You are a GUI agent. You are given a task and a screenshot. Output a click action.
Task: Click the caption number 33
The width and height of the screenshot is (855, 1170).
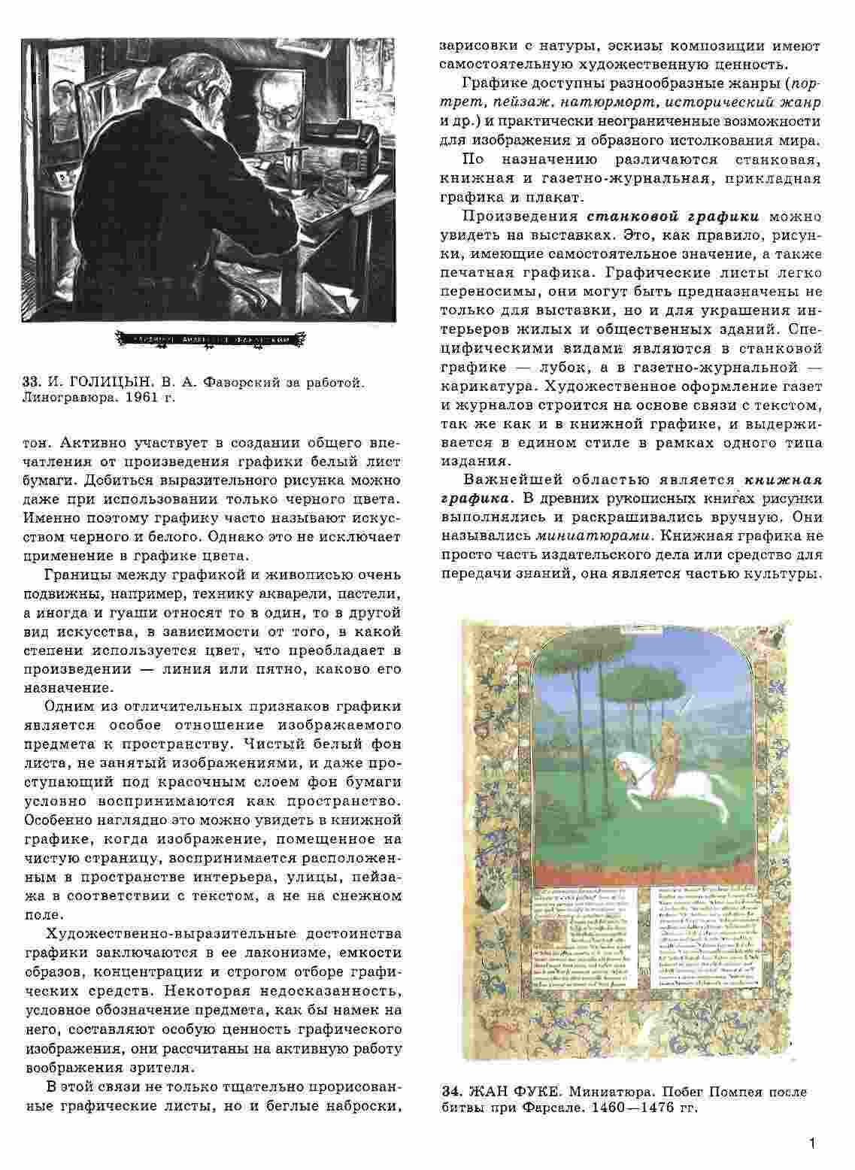point(31,384)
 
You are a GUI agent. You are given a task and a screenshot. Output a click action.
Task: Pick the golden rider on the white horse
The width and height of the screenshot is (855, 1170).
point(662,768)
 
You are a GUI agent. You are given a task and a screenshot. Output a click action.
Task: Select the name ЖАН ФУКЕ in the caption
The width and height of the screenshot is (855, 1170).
point(511,1091)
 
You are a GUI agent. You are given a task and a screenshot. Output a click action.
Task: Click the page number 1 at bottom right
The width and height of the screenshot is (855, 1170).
point(811,1144)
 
